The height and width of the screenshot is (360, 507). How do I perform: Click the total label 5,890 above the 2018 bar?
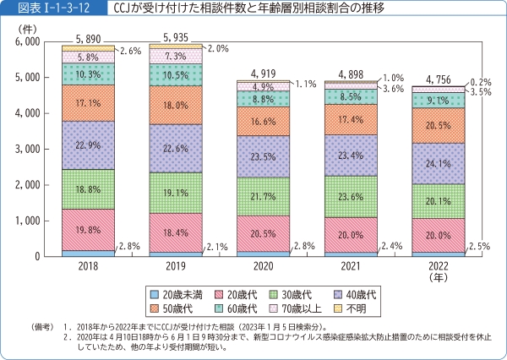coord(88,39)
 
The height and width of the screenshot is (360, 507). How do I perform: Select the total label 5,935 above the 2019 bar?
coord(177,38)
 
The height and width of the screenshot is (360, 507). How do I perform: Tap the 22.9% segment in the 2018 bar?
coord(88,145)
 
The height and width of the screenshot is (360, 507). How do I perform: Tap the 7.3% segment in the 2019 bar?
coord(177,56)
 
